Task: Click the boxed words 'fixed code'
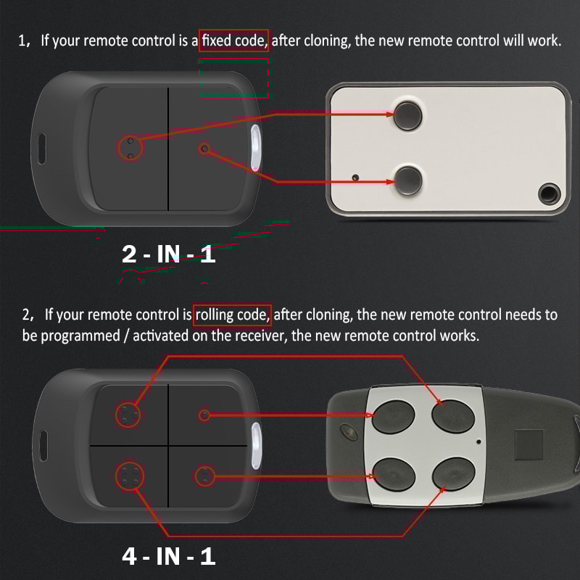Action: click(x=234, y=41)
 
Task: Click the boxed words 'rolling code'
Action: click(x=232, y=315)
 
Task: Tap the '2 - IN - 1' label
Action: click(x=168, y=254)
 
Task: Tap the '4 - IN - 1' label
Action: click(x=168, y=556)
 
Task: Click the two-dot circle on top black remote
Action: click(x=130, y=148)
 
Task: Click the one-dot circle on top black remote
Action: click(x=204, y=149)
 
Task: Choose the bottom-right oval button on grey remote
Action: click(x=450, y=475)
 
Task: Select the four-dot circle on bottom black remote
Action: click(x=130, y=476)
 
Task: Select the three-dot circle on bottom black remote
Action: click(x=128, y=415)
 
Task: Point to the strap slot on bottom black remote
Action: click(x=42, y=442)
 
